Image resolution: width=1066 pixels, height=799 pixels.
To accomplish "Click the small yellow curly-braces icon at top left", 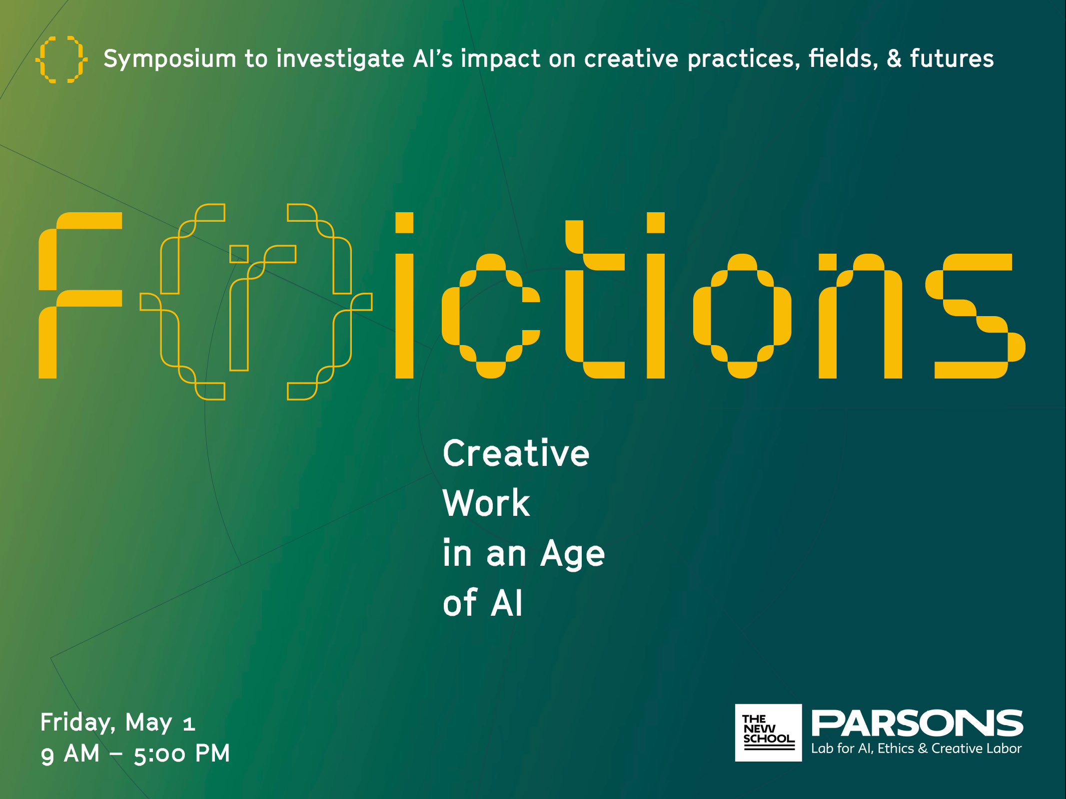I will pyautogui.click(x=61, y=59).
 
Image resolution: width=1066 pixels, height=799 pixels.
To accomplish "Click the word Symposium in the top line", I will pyautogui.click(x=169, y=59).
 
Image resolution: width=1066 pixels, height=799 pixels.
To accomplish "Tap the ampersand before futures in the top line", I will pyautogui.click(x=894, y=58).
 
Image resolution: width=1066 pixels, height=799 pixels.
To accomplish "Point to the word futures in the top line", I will pyautogui.click(x=952, y=58).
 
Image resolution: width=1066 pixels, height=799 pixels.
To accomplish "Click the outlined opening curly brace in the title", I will pyautogui.click(x=182, y=302).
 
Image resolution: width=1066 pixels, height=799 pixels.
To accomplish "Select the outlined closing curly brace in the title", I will pyautogui.click(x=330, y=302).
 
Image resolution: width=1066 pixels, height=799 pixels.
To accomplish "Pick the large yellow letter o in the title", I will pyautogui.click(x=742, y=316).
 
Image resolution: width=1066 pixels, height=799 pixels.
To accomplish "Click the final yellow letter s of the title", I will pyautogui.click(x=975, y=316).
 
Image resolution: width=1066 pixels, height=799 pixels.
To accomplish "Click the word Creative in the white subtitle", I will pyautogui.click(x=516, y=453).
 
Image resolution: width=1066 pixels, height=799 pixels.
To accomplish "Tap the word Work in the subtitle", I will pyautogui.click(x=486, y=503).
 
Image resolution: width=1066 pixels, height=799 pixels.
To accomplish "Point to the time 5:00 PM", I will pyautogui.click(x=181, y=754).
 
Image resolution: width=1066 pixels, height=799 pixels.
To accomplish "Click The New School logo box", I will pyautogui.click(x=768, y=733).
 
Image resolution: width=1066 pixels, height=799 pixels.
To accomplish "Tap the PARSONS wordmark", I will pyautogui.click(x=917, y=724).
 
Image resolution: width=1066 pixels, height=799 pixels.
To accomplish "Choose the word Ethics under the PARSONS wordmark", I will pyautogui.click(x=896, y=749).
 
